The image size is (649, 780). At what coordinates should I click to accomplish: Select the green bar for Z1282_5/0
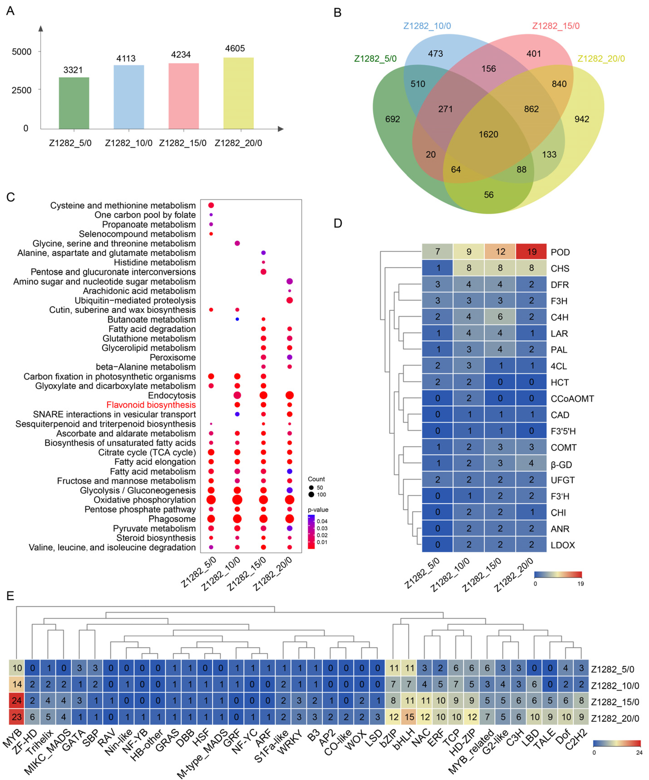[74, 103]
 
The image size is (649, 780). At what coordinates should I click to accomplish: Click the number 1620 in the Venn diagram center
[488, 134]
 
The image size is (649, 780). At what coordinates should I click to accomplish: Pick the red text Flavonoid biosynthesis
[151, 405]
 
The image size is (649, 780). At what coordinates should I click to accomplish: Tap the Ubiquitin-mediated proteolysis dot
[290, 300]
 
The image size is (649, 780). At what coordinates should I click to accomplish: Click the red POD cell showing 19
[531, 252]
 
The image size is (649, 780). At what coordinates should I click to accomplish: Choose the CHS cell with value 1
[437, 268]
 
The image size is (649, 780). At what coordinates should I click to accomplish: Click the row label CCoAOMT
[572, 399]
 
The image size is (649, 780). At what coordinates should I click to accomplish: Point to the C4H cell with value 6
[500, 317]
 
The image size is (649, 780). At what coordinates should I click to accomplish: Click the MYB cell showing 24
[17, 701]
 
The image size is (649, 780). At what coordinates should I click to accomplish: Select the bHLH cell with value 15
[409, 717]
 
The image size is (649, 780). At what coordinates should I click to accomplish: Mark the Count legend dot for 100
[311, 494]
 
